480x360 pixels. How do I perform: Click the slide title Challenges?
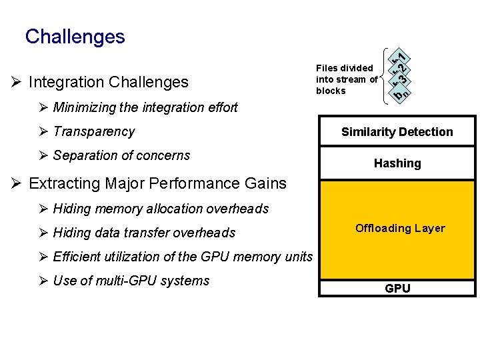tap(75, 36)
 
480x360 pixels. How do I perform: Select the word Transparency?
tap(93, 131)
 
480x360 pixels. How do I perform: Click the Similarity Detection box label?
tap(397, 132)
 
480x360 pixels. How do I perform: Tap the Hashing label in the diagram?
tap(397, 163)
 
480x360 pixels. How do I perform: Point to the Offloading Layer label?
tap(400, 228)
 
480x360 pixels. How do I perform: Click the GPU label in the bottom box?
tap(397, 289)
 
